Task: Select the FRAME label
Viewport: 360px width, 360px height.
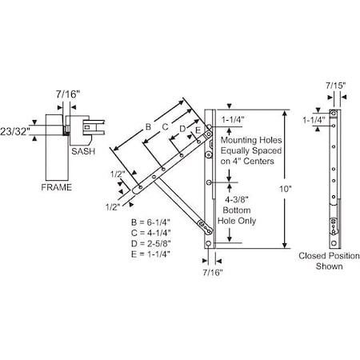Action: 57,187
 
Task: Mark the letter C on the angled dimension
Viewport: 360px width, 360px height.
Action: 166,126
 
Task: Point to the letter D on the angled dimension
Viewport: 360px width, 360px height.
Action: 182,128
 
